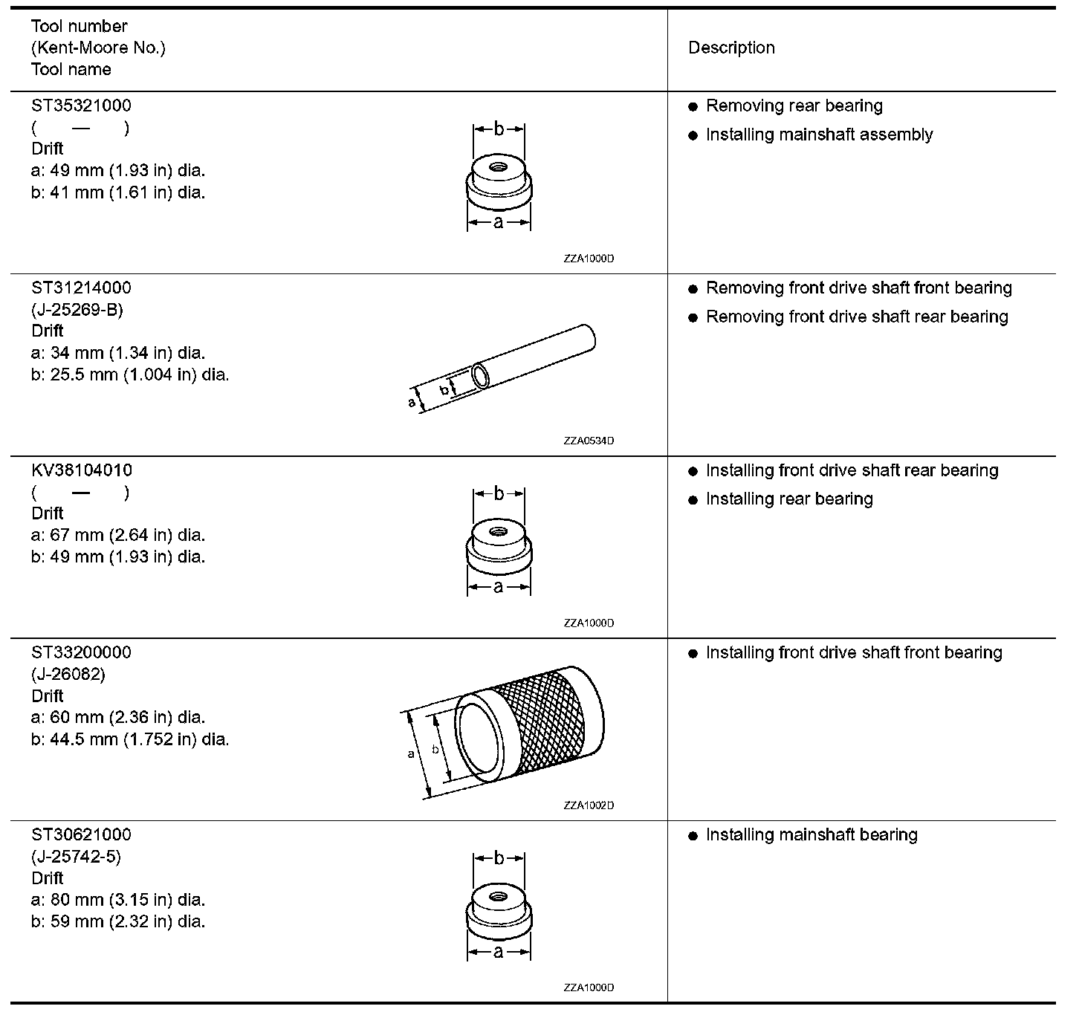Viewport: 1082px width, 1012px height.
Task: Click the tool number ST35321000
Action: coord(81,106)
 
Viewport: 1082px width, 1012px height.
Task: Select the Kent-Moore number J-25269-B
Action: coord(77,309)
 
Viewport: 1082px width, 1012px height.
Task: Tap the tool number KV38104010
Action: coord(82,470)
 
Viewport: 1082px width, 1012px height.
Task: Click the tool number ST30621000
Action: coord(81,834)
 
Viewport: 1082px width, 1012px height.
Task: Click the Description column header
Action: coord(731,48)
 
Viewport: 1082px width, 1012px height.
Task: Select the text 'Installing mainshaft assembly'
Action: coord(819,134)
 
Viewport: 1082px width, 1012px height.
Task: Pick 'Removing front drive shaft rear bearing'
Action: coord(857,317)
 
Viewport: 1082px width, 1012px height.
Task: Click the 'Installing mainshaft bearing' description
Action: coord(811,834)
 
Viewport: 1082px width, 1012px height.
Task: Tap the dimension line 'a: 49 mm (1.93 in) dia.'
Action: coord(118,170)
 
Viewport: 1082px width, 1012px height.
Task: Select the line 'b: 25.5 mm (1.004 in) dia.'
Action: coord(130,374)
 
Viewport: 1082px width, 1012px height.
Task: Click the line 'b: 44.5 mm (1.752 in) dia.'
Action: coord(130,739)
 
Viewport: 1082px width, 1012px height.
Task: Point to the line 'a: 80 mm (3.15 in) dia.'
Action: coord(118,900)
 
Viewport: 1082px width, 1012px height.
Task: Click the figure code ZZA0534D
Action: coord(589,441)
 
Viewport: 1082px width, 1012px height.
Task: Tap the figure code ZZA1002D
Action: coord(589,805)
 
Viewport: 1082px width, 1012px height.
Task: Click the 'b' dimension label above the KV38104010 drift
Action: coord(499,493)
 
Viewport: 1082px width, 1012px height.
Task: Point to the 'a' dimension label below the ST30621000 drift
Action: coord(499,952)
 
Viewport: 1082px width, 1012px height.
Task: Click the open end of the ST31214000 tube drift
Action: coord(480,375)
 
